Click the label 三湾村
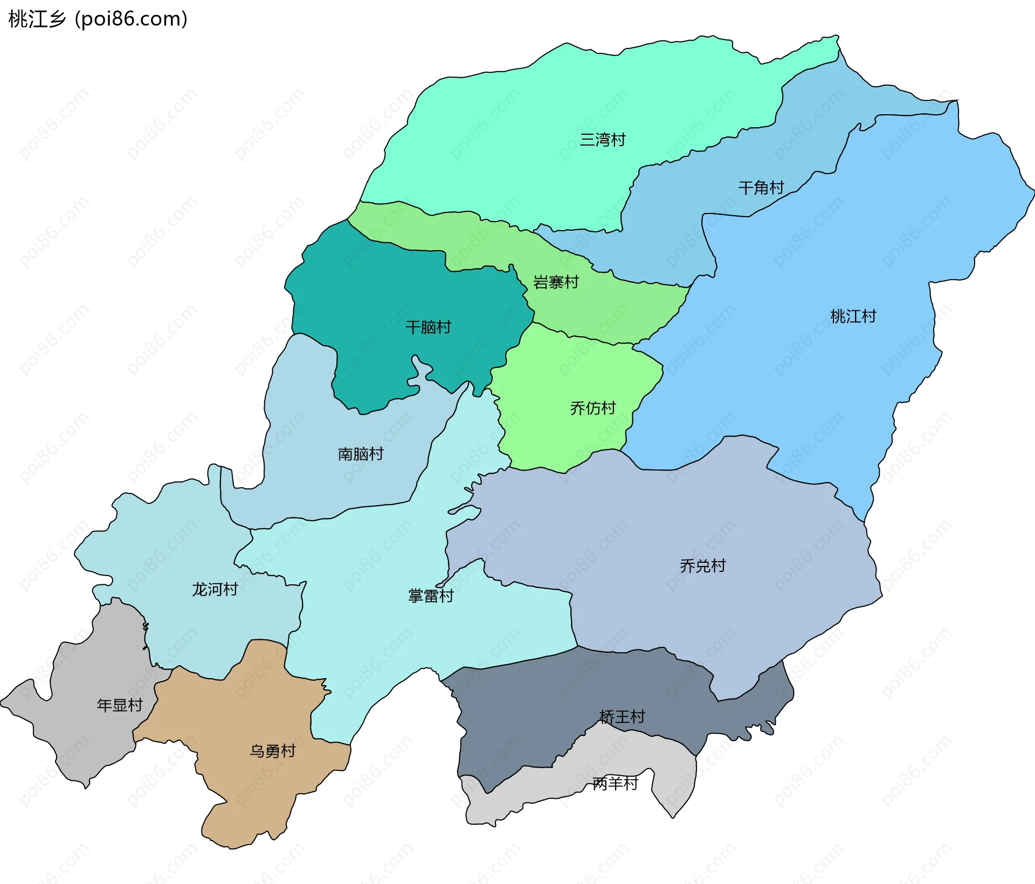click(603, 140)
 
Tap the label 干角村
click(761, 188)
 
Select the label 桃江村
click(853, 316)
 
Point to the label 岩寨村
click(556, 282)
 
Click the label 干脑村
click(428, 327)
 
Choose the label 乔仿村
click(592, 409)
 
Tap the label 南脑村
click(361, 454)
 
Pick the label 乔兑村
click(702, 566)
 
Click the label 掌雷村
click(431, 596)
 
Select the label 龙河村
click(215, 590)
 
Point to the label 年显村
click(120, 706)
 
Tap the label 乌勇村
click(273, 751)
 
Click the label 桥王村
click(622, 717)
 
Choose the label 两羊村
click(615, 784)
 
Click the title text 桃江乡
click(37, 19)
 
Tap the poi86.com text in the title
click(131, 19)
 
